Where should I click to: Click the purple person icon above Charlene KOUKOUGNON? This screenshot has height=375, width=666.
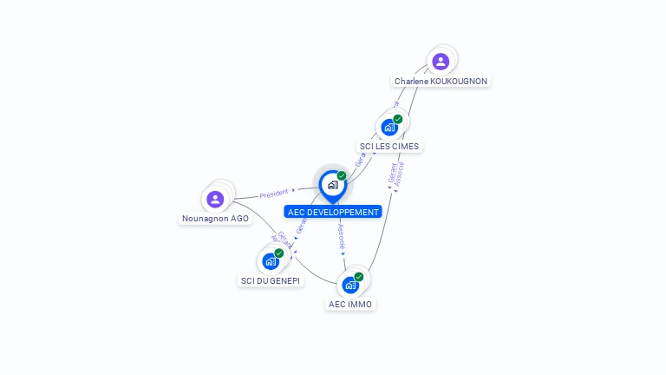(x=441, y=61)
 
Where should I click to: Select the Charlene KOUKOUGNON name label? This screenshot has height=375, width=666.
(x=441, y=81)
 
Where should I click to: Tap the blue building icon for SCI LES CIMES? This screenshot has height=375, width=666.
(x=389, y=127)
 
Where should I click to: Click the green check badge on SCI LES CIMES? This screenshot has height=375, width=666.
(x=398, y=119)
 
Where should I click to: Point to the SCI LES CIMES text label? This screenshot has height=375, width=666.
(x=389, y=147)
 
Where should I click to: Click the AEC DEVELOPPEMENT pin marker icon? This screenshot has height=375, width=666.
(x=332, y=185)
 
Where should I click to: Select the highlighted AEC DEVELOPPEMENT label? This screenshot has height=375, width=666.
(x=333, y=212)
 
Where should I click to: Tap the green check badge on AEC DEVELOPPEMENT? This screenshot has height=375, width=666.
(x=342, y=175)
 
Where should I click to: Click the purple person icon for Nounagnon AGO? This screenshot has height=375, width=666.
(x=216, y=199)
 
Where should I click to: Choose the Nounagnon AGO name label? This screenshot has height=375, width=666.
(x=216, y=219)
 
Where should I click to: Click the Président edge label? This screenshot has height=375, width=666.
(x=274, y=194)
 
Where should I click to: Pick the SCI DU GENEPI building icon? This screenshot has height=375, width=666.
(x=271, y=260)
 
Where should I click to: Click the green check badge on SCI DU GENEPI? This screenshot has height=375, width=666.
(x=279, y=253)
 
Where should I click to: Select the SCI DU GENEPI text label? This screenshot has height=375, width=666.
(x=271, y=281)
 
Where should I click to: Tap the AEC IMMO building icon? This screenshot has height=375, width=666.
(x=350, y=285)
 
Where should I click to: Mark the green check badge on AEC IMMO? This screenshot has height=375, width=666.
(x=359, y=277)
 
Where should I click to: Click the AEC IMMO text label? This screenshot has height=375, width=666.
(x=350, y=305)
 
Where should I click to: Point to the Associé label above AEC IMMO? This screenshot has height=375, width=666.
(x=341, y=238)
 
